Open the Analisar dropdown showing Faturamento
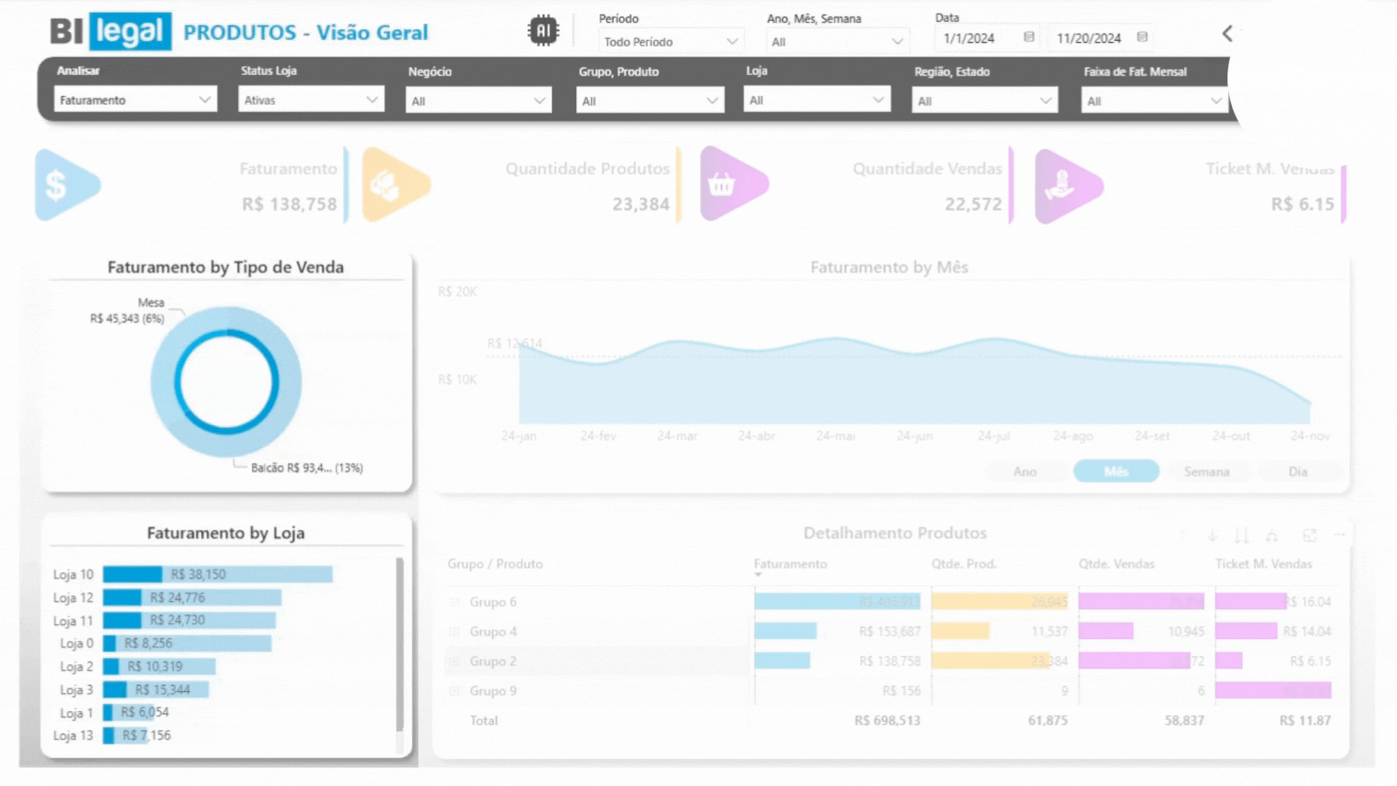point(135,100)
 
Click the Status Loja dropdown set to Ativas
point(311,100)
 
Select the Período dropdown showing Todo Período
point(670,41)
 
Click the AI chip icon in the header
point(543,31)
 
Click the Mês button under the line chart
point(1115,472)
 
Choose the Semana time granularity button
point(1206,472)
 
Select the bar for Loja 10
point(218,574)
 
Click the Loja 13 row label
point(73,735)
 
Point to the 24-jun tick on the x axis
point(915,436)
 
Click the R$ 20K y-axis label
point(458,292)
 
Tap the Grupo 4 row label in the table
point(493,632)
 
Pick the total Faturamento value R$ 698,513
point(887,720)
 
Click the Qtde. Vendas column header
point(1116,564)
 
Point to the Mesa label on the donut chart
point(151,303)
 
